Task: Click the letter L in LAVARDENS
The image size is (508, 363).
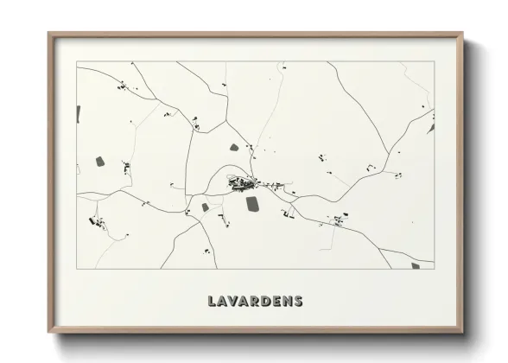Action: click(x=212, y=302)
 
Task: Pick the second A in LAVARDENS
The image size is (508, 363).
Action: click(x=248, y=302)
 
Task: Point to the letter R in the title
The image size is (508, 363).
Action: click(x=260, y=302)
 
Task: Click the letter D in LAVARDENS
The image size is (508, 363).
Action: click(x=272, y=302)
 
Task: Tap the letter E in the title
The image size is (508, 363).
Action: click(x=283, y=302)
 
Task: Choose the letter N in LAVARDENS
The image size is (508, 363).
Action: click(x=295, y=302)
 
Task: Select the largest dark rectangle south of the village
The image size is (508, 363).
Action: click(x=252, y=204)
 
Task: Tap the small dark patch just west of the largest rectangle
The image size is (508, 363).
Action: click(x=205, y=207)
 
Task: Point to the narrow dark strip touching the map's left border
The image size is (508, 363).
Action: click(x=78, y=113)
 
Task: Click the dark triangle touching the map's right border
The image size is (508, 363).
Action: click(x=431, y=128)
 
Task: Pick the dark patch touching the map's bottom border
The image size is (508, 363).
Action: click(x=415, y=265)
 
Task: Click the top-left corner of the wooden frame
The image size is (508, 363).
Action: click(x=48, y=34)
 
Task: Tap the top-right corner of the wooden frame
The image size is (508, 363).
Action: click(x=462, y=34)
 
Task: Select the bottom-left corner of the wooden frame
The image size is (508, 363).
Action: click(x=48, y=333)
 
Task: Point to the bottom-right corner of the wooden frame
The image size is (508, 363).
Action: click(x=462, y=333)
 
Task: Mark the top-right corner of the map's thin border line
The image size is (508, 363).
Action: click(x=434, y=61)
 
